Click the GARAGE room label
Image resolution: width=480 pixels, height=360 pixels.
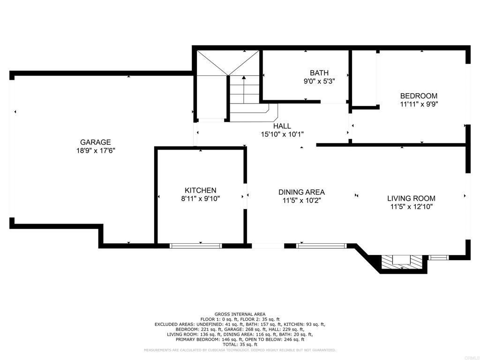[x=96, y=142]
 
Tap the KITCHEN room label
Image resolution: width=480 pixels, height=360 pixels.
[x=201, y=190]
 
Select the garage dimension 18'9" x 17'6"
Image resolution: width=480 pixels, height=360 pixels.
[x=96, y=150]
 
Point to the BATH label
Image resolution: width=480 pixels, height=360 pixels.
[x=319, y=73]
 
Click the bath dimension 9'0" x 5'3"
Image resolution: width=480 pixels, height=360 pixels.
[x=319, y=82]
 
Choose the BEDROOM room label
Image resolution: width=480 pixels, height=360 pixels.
[x=419, y=96]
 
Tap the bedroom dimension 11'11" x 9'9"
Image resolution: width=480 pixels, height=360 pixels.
[x=419, y=104]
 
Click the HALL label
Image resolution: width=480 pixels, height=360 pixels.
[x=282, y=126]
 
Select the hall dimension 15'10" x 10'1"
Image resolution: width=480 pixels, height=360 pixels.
[x=282, y=134]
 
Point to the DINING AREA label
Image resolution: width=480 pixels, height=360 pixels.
[x=301, y=192]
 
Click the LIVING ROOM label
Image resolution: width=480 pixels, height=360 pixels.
[x=411, y=198]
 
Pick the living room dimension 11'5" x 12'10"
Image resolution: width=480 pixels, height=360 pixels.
[x=411, y=207]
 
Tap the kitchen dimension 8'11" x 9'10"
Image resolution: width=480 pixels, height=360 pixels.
[x=201, y=199]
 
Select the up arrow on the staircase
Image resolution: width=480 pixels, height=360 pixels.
[x=244, y=90]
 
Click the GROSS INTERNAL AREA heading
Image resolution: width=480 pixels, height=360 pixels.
[x=240, y=314]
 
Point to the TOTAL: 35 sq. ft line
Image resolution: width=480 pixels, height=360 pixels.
[x=240, y=345]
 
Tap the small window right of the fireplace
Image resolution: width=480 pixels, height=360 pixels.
[x=438, y=258]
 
